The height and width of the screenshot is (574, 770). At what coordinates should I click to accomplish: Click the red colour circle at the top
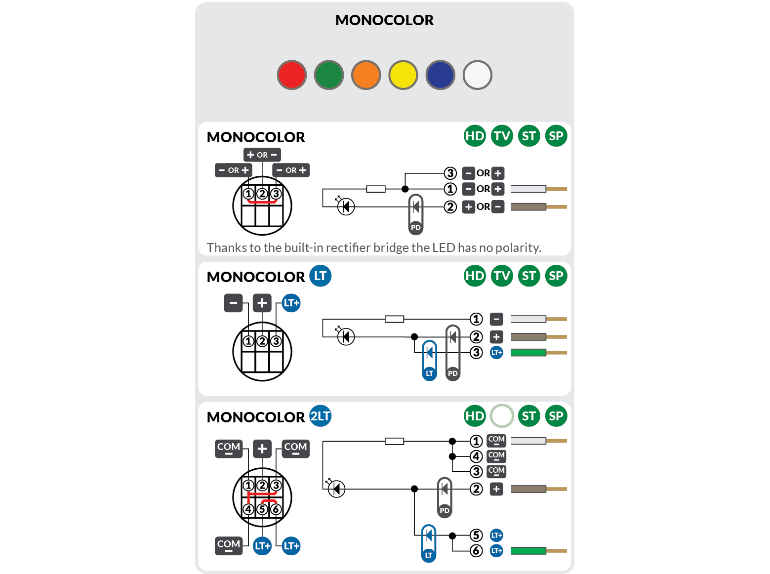click(292, 75)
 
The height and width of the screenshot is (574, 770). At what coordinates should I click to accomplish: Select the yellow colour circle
click(403, 75)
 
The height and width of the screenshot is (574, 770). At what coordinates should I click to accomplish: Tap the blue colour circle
click(440, 75)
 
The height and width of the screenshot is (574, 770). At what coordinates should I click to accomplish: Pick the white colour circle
click(478, 75)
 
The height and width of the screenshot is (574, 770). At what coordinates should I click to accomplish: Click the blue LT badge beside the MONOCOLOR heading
click(320, 276)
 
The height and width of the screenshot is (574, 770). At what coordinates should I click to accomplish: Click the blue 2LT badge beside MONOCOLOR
click(320, 416)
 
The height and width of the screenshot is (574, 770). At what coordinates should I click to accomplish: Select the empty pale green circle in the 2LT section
click(502, 416)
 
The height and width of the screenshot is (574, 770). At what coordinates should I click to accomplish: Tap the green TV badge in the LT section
click(502, 276)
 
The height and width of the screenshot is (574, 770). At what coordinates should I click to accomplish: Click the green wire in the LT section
click(528, 353)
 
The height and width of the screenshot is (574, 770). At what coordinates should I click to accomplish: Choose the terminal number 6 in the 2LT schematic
click(476, 551)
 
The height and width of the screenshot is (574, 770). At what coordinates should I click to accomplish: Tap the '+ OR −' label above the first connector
click(262, 155)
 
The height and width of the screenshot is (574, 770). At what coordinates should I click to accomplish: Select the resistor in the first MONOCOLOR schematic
click(376, 189)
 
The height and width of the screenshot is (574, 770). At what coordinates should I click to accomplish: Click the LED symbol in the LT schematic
click(346, 337)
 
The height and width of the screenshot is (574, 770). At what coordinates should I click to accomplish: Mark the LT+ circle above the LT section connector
click(291, 303)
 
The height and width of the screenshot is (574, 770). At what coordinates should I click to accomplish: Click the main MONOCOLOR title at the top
click(384, 20)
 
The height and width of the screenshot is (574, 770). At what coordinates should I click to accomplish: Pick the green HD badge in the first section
click(475, 136)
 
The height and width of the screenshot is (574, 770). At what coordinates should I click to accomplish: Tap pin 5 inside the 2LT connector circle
click(262, 509)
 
